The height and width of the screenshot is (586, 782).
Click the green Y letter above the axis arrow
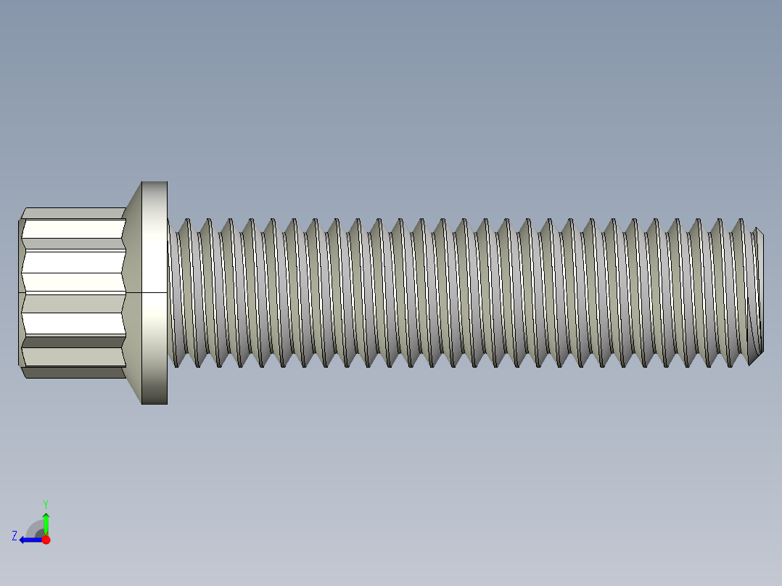[x=45, y=503]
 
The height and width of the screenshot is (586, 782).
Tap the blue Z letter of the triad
[x=14, y=536]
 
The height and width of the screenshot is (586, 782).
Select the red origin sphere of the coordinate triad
[x=46, y=540]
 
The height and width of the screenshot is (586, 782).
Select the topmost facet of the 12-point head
[x=73, y=213]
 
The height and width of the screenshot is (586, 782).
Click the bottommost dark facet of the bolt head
[x=73, y=373]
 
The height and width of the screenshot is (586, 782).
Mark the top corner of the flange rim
[x=155, y=182]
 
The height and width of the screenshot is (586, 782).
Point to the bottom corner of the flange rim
[x=155, y=403]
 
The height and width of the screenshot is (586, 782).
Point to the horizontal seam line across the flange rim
[x=154, y=293]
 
